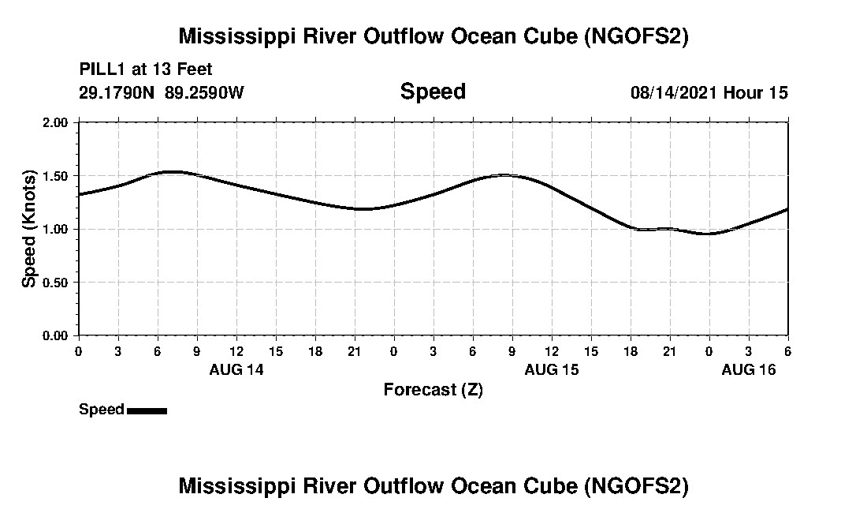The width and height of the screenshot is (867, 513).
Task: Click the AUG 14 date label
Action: pos(236,369)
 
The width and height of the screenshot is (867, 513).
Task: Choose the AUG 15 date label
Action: pos(552,369)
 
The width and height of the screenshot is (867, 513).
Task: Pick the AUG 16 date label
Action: pos(749,369)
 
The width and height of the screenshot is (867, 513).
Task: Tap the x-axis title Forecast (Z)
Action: pos(433,390)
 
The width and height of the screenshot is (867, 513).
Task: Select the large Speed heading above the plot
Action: pos(433,92)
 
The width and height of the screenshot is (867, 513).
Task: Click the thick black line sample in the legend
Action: pos(147,410)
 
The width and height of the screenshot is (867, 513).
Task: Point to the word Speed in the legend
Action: pos(102,410)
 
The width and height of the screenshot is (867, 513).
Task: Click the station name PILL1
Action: pos(100,69)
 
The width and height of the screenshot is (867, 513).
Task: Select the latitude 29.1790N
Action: pos(117,92)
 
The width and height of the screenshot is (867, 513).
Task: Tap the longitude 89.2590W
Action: pos(205,92)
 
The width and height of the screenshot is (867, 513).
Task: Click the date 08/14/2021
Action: pos(674,92)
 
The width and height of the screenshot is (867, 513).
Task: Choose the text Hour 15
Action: pos(756,92)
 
